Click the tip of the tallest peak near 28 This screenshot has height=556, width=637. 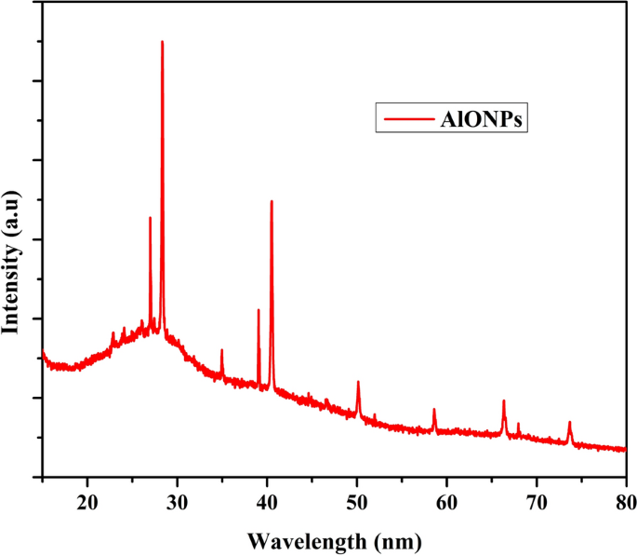tap(162, 42)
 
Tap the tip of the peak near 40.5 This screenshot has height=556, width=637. tap(272, 201)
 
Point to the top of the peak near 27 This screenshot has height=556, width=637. tap(150, 218)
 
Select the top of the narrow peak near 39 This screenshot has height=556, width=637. tap(259, 310)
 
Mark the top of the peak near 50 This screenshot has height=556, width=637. tap(358, 382)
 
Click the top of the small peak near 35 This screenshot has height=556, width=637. tap(222, 350)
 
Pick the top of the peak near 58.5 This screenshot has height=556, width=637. tap(434, 410)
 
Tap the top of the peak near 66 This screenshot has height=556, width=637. tap(504, 400)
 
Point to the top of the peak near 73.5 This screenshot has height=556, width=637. tap(570, 422)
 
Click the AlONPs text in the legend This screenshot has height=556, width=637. tap(484, 118)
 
